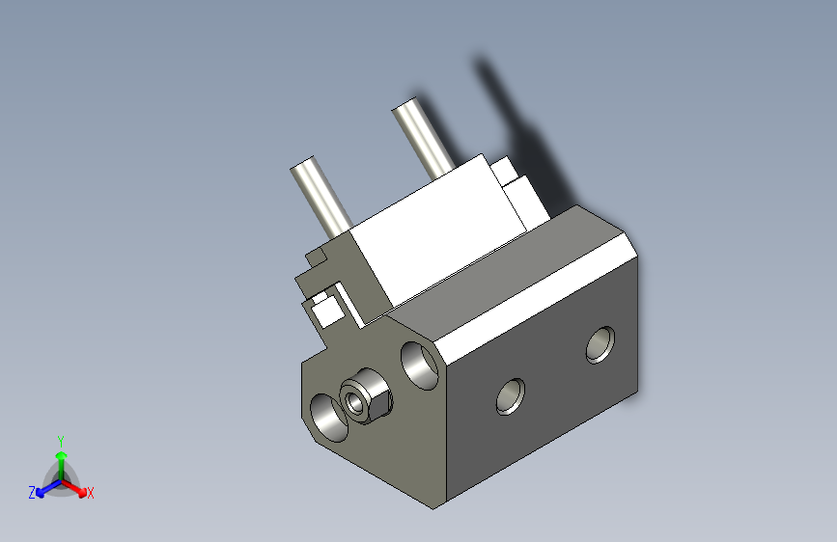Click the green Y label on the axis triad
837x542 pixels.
coord(60,439)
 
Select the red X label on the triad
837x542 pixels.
coord(91,493)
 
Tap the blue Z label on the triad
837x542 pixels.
coord(32,492)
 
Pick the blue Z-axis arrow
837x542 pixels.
coord(44,485)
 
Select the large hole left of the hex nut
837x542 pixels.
coord(329,416)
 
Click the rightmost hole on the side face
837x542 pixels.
coord(600,344)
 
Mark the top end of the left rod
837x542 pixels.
coord(306,165)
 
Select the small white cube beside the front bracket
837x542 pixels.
coord(326,310)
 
